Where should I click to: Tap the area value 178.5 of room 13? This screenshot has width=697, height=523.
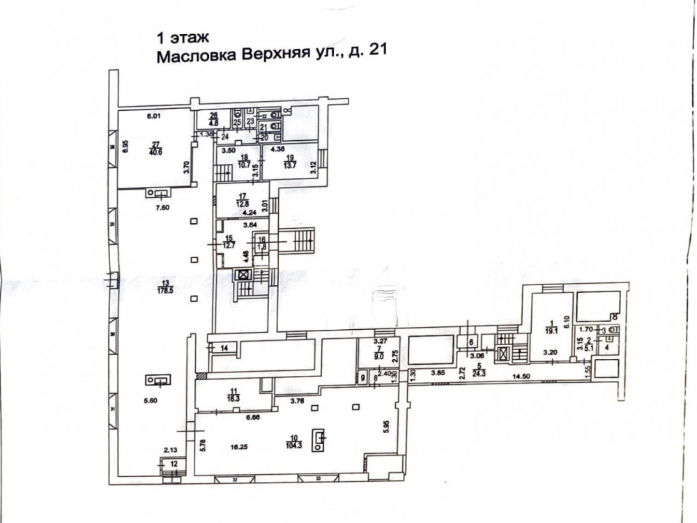point(166,291)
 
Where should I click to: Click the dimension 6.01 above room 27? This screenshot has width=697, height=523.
point(153,116)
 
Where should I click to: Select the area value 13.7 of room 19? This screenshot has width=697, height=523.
point(288,165)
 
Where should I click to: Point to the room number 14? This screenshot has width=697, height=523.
point(224,347)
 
